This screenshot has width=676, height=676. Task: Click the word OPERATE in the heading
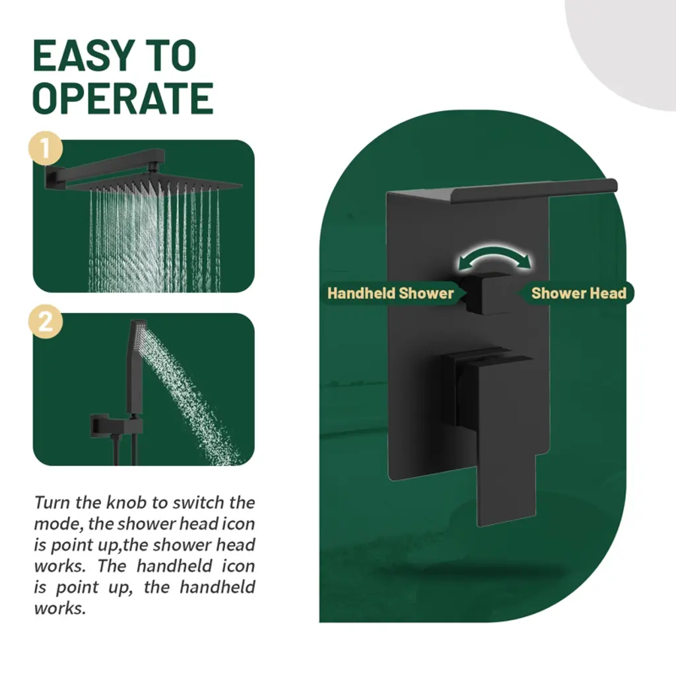123,98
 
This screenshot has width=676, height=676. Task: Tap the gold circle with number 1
46,149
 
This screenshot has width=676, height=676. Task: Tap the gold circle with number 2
46,321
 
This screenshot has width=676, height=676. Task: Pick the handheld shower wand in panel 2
135,366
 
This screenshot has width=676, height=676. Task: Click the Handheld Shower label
391,293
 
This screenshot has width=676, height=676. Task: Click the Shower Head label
578,293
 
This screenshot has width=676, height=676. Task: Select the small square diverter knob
489,292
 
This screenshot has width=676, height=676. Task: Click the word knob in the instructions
127,502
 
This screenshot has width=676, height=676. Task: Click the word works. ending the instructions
60,608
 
